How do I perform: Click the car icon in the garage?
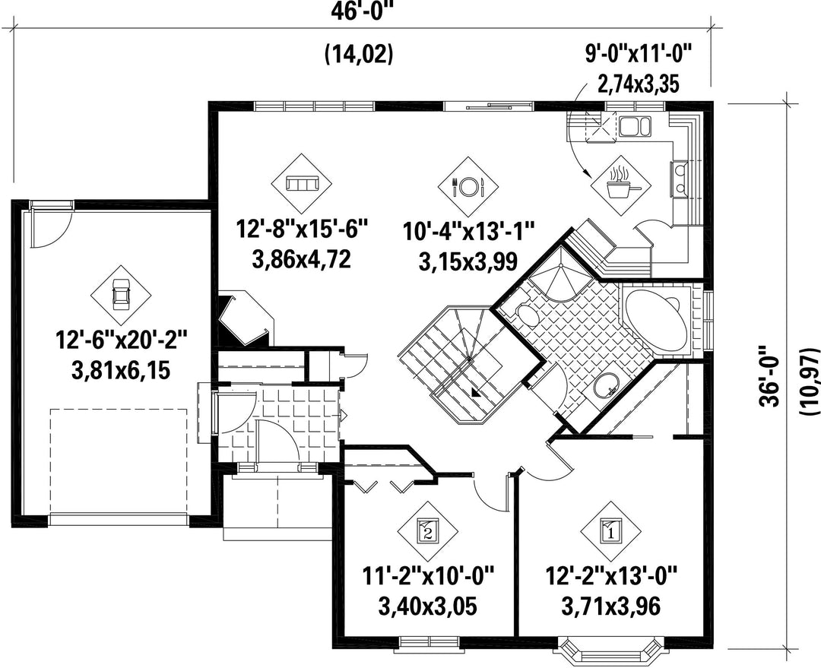(x=121, y=293)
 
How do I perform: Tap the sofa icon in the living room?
(x=302, y=184)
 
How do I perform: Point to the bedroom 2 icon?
(x=427, y=531)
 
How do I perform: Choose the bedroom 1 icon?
(x=610, y=531)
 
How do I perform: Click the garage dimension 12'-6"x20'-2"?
(x=121, y=343)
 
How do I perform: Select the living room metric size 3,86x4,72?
(x=302, y=259)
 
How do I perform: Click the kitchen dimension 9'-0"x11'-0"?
(x=639, y=53)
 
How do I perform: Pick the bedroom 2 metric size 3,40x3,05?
(x=427, y=606)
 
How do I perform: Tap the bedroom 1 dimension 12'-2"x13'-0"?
(x=610, y=578)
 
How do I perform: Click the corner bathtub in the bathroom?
(x=657, y=321)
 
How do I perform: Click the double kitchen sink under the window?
(x=635, y=126)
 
